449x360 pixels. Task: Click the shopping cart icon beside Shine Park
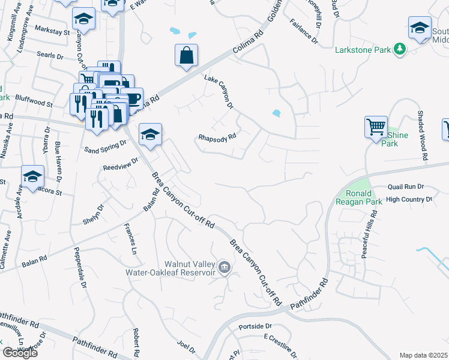(376, 128)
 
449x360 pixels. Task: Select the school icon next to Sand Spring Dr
(150, 135)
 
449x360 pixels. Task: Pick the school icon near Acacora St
(32, 176)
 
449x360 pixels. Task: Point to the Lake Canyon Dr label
(218, 92)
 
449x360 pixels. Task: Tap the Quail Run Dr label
(406, 187)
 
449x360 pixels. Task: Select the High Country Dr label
(409, 199)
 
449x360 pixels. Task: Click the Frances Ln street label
(130, 237)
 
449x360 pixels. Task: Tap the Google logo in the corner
(20, 353)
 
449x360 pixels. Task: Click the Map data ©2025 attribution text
(423, 355)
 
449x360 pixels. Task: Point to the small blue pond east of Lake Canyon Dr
(276, 113)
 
